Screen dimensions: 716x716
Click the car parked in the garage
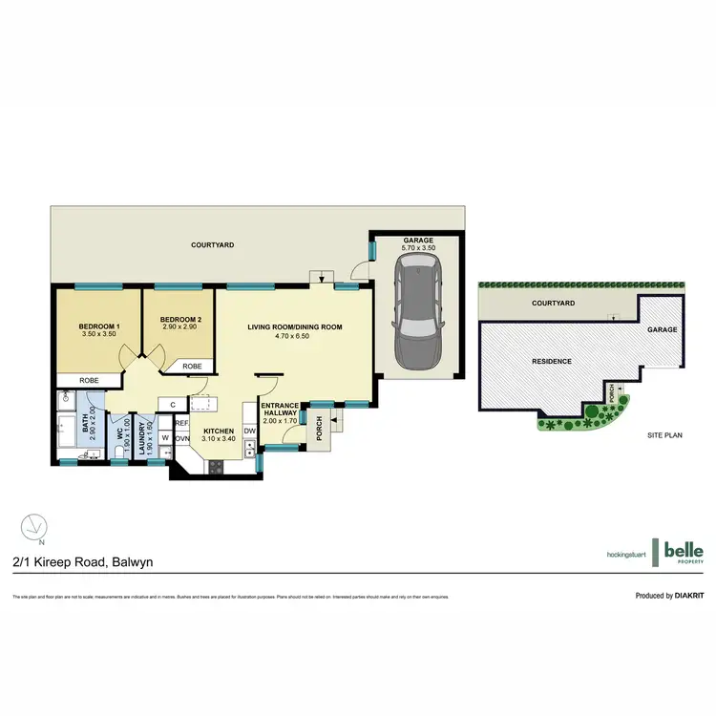416,316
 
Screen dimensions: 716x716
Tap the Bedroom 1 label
96,326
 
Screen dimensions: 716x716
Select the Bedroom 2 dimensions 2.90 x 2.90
179,327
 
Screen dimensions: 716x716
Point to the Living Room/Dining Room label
294,327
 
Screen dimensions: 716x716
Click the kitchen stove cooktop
215,467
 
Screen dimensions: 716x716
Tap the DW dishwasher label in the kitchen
249,432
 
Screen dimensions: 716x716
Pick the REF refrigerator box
181,423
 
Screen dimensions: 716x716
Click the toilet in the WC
122,423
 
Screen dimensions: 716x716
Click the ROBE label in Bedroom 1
73,379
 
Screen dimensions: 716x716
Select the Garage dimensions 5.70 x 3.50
417,248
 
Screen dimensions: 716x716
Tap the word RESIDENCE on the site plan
552,361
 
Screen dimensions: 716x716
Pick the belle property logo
684,551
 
